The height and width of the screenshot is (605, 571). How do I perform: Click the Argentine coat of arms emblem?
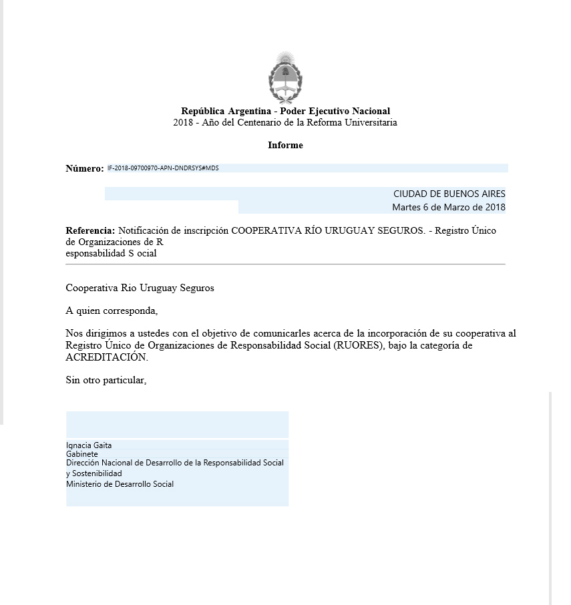point(285,76)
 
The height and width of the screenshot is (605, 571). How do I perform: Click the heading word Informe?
point(285,145)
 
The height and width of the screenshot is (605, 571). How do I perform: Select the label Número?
point(84,169)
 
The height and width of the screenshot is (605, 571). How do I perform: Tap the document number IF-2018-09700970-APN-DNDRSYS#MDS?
point(163,168)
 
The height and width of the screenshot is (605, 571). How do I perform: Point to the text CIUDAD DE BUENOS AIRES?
point(449,194)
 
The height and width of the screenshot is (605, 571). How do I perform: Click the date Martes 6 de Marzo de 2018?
point(448,207)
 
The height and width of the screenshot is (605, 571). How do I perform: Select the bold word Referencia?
point(90,230)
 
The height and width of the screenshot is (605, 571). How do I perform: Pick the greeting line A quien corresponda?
point(112,311)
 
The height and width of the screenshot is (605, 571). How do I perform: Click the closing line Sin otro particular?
point(106,381)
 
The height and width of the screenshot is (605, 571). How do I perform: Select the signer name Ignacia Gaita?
point(89,445)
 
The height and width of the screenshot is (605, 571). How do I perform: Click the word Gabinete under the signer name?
point(81,454)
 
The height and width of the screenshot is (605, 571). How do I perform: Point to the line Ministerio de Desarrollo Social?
point(120,484)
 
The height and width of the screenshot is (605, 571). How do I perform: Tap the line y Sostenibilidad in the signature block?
point(94,473)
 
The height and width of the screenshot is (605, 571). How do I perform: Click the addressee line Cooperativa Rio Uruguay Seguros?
point(140,288)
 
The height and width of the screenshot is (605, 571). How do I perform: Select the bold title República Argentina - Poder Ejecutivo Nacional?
point(285,111)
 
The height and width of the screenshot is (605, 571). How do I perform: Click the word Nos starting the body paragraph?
point(73,333)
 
